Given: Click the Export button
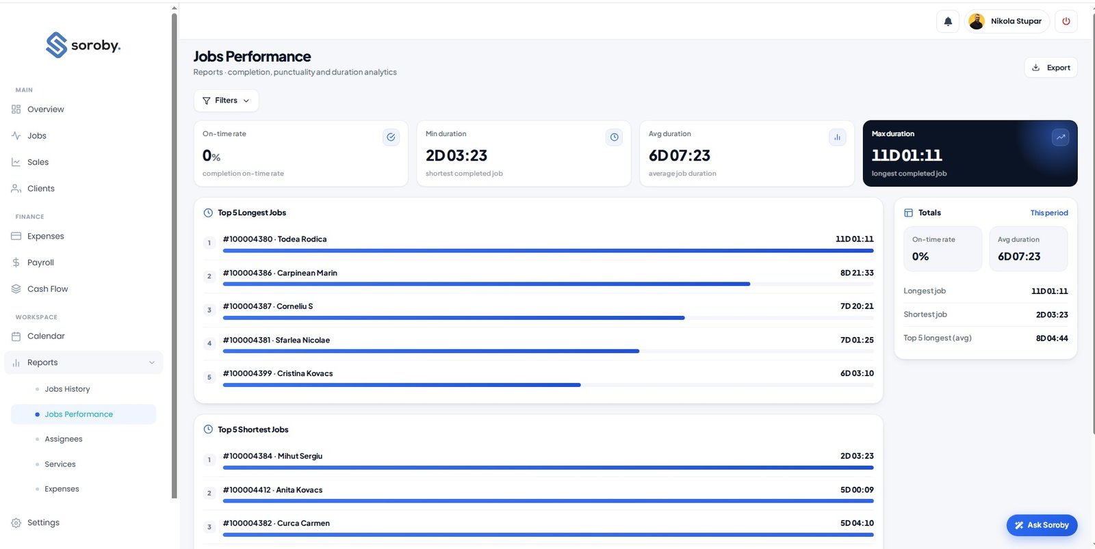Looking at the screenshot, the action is [1051, 68].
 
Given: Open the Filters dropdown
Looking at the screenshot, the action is [226, 100].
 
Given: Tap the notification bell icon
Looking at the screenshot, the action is [948, 21].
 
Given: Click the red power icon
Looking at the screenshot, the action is [1066, 21].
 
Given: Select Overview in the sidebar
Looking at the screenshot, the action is [45, 109].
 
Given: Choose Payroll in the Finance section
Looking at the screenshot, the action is [40, 263].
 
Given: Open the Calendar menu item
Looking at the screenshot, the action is [46, 336].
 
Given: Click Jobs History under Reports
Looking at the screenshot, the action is [67, 389].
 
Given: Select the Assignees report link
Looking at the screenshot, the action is [64, 439].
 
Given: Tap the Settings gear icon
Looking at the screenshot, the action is [16, 522].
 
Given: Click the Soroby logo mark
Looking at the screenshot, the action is [56, 45].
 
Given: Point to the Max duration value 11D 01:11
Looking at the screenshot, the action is [907, 155].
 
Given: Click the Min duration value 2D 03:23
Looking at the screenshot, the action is [456, 155].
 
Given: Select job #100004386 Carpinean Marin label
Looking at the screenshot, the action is [280, 273].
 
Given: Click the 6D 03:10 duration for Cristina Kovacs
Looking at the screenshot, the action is [857, 373].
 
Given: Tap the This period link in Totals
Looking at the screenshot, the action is [1049, 213].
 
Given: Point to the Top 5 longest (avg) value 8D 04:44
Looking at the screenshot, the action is [1052, 338].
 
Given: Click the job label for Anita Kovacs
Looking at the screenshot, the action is [273, 490].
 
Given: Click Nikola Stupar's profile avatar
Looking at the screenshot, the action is [977, 21].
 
